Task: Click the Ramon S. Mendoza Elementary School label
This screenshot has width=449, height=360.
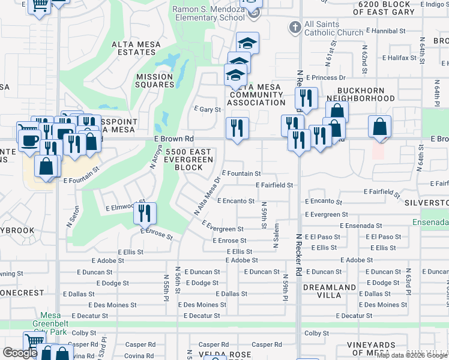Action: [x=209, y=13]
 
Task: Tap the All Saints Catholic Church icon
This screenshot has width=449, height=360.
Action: [x=295, y=27]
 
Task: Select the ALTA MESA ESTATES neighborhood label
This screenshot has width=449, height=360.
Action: [x=134, y=48]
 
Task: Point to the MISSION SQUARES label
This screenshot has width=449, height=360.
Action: [x=154, y=80]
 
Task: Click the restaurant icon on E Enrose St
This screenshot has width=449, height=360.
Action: [x=145, y=213]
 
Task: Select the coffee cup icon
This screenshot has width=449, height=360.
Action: [x=29, y=141]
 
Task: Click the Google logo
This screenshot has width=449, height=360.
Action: [x=20, y=353]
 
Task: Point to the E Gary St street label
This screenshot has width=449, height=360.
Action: [x=208, y=109]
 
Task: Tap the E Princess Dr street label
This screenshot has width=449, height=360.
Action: [x=325, y=77]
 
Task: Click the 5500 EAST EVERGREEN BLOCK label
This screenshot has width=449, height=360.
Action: [x=189, y=160]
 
